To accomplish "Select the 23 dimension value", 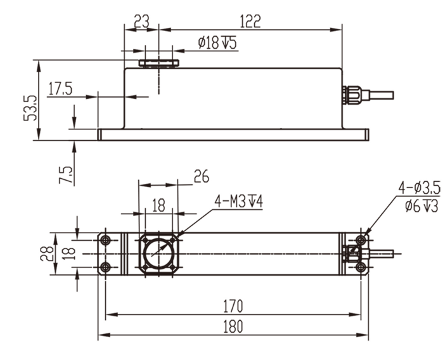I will (140, 21).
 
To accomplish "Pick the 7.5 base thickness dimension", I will (66, 171).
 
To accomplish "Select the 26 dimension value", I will (201, 177).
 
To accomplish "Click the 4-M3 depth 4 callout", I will (239, 202).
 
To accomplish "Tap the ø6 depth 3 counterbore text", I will (420, 205).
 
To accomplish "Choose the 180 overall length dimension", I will (233, 327).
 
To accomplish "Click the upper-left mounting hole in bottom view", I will (106, 240).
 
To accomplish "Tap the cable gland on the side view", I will (352, 95).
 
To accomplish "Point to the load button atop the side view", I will (159, 63).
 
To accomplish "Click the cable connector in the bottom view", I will (351, 254).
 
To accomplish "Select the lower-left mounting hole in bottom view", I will (106, 267).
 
